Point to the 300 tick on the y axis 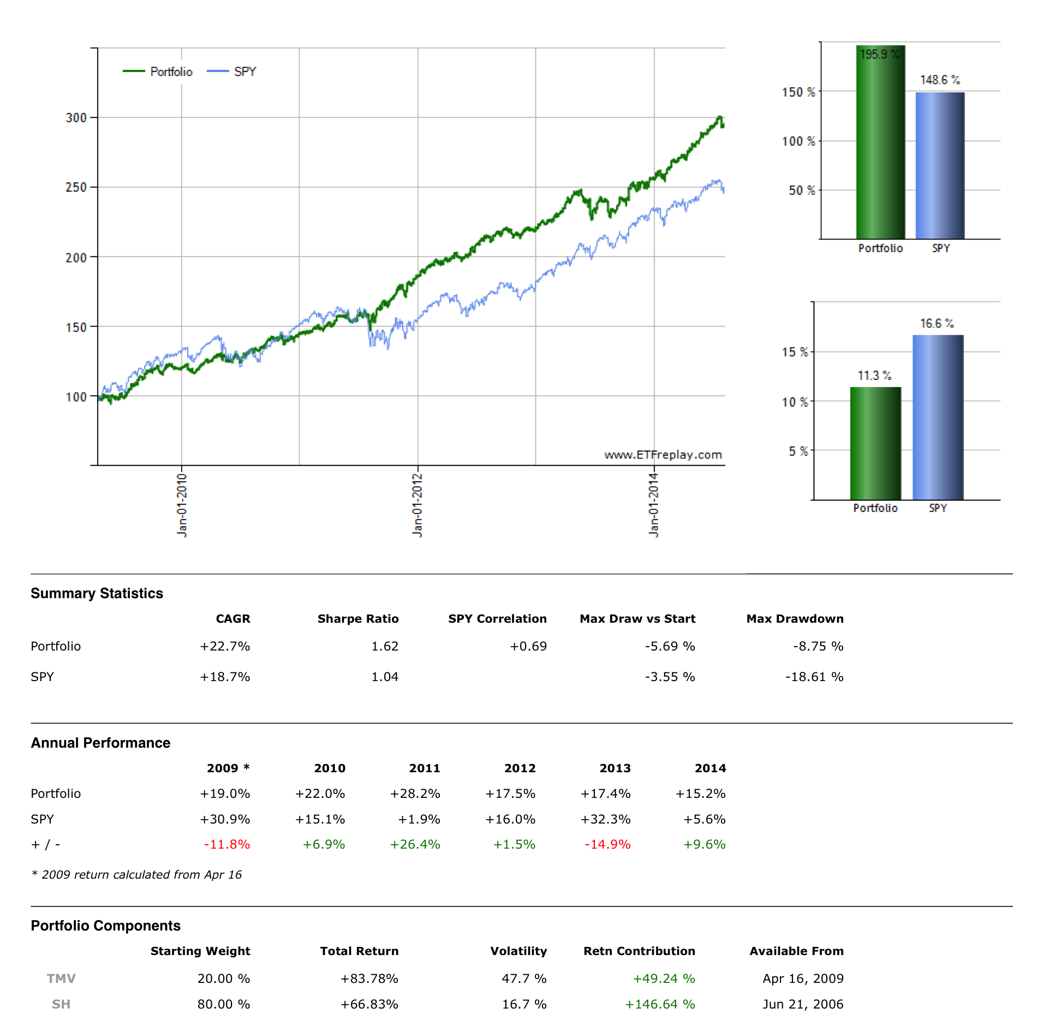(76, 118)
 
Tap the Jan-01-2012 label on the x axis (417, 505)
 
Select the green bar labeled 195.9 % (880, 142)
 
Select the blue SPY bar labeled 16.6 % (938, 417)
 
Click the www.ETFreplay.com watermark (663, 455)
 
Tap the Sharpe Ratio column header (357, 618)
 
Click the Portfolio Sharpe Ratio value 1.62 (385, 646)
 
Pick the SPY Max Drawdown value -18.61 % (814, 677)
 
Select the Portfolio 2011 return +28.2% (415, 794)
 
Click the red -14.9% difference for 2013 (607, 844)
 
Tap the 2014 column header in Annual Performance (710, 768)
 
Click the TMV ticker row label (61, 979)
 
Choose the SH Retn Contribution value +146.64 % (660, 1004)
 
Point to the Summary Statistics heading (97, 593)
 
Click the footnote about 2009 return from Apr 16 (136, 874)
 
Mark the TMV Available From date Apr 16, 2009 (803, 979)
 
